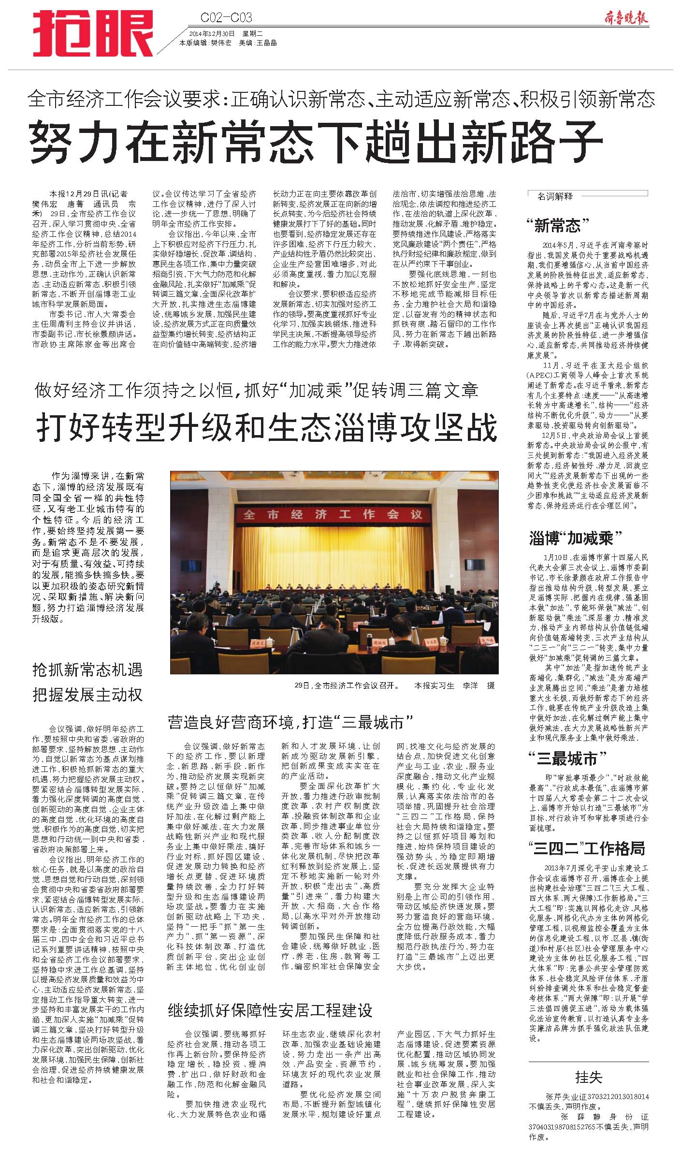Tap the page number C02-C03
(x=226, y=18)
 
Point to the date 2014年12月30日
(x=212, y=34)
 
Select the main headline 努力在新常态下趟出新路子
(x=316, y=142)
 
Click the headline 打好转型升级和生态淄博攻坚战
(x=267, y=427)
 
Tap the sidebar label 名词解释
(x=555, y=196)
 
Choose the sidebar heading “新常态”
(x=559, y=225)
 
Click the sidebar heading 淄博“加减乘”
(x=575, y=538)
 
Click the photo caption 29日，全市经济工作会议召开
(x=347, y=685)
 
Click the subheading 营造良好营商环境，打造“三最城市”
(x=290, y=722)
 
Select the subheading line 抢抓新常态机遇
(x=87, y=670)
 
